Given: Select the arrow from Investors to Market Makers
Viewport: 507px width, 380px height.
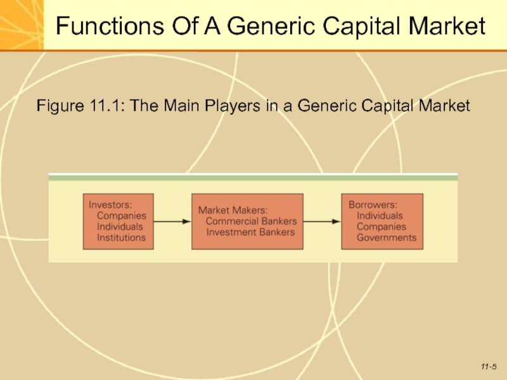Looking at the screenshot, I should click(172, 221).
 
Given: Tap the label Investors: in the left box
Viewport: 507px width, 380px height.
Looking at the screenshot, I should click(110, 205).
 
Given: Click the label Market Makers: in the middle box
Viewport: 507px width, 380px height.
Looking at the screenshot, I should click(233, 210).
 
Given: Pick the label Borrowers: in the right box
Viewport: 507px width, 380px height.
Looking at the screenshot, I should click(373, 205).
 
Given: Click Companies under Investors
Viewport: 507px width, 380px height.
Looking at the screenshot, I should click(121, 216).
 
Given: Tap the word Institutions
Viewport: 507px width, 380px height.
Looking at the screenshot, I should click(121, 238).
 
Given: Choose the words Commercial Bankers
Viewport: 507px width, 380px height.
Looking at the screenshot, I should click(251, 221).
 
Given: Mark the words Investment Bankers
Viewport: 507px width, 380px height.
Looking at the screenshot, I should click(250, 232).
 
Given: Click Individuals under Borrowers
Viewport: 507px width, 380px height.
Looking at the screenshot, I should click(380, 216).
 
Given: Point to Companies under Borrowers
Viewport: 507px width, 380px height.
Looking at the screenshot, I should click(382, 227).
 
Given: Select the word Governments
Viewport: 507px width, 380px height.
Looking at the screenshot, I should click(387, 238).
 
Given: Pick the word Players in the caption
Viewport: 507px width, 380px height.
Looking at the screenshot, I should click(233, 106).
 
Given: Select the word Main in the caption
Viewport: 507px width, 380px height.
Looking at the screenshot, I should click(184, 106).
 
